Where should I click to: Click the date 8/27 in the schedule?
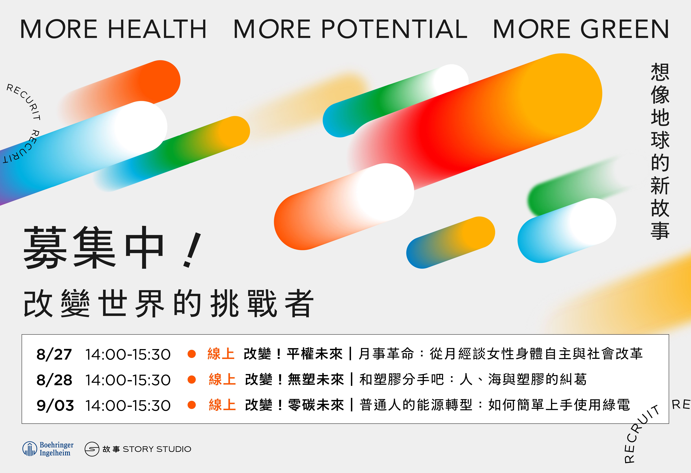pyautogui.click(x=54, y=354)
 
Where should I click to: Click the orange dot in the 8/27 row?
pyautogui.click(x=192, y=354)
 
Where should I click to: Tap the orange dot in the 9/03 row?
pyautogui.click(x=192, y=405)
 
